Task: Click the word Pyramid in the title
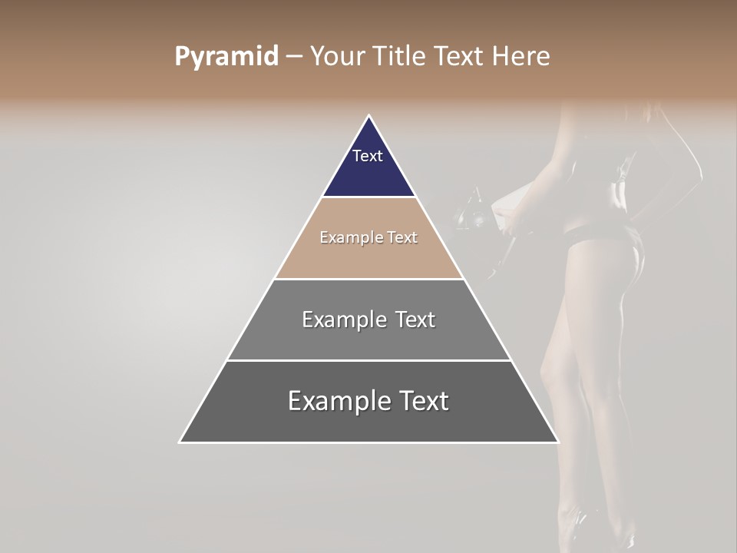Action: point(226,57)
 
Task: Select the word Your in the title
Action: point(335,56)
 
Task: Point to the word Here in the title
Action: point(521,56)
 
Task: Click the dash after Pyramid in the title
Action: point(294,57)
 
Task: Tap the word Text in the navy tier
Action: point(368,156)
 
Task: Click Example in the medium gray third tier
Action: point(344,320)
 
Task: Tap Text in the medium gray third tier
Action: point(415,320)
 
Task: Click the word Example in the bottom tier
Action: point(339,401)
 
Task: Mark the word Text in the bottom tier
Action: point(425,401)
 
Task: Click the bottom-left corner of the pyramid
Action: point(180,442)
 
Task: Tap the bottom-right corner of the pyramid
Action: point(557,442)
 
